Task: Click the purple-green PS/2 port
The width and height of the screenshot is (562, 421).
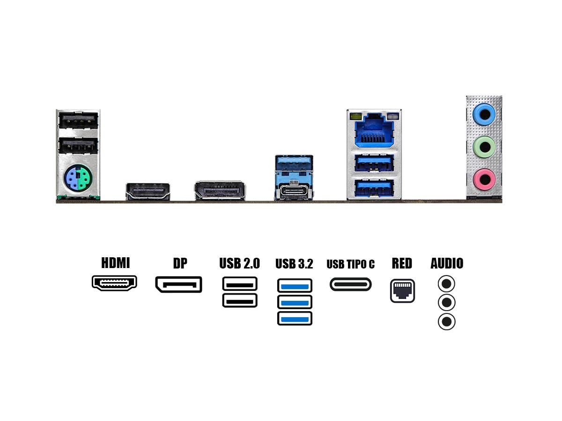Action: pyautogui.click(x=77, y=178)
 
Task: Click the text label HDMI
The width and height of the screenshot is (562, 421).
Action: pyautogui.click(x=115, y=263)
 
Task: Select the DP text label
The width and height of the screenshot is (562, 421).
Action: pyautogui.click(x=180, y=263)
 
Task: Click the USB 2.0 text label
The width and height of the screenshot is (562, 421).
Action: pyautogui.click(x=239, y=263)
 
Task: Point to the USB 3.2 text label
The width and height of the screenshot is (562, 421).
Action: pyautogui.click(x=294, y=264)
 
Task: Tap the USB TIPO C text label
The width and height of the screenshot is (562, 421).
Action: pyautogui.click(x=351, y=264)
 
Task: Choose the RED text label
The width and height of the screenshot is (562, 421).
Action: pyautogui.click(x=402, y=263)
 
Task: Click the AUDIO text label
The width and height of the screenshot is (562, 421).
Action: pyautogui.click(x=447, y=263)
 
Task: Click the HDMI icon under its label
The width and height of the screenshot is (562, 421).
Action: pyautogui.click(x=115, y=283)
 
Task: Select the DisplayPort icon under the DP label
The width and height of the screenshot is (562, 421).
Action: pyautogui.click(x=179, y=284)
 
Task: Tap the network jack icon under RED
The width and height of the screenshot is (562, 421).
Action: pyautogui.click(x=402, y=291)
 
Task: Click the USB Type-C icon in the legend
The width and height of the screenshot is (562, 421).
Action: pyautogui.click(x=351, y=284)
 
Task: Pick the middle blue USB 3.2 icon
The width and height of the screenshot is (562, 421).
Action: pyautogui.click(x=295, y=302)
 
